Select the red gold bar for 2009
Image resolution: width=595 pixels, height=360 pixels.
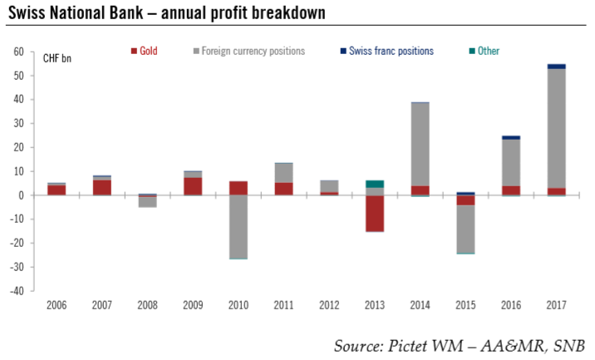193,185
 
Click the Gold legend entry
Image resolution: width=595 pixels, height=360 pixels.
149,51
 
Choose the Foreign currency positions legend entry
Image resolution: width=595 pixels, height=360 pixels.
250,51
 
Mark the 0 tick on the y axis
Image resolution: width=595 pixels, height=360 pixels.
21,195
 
